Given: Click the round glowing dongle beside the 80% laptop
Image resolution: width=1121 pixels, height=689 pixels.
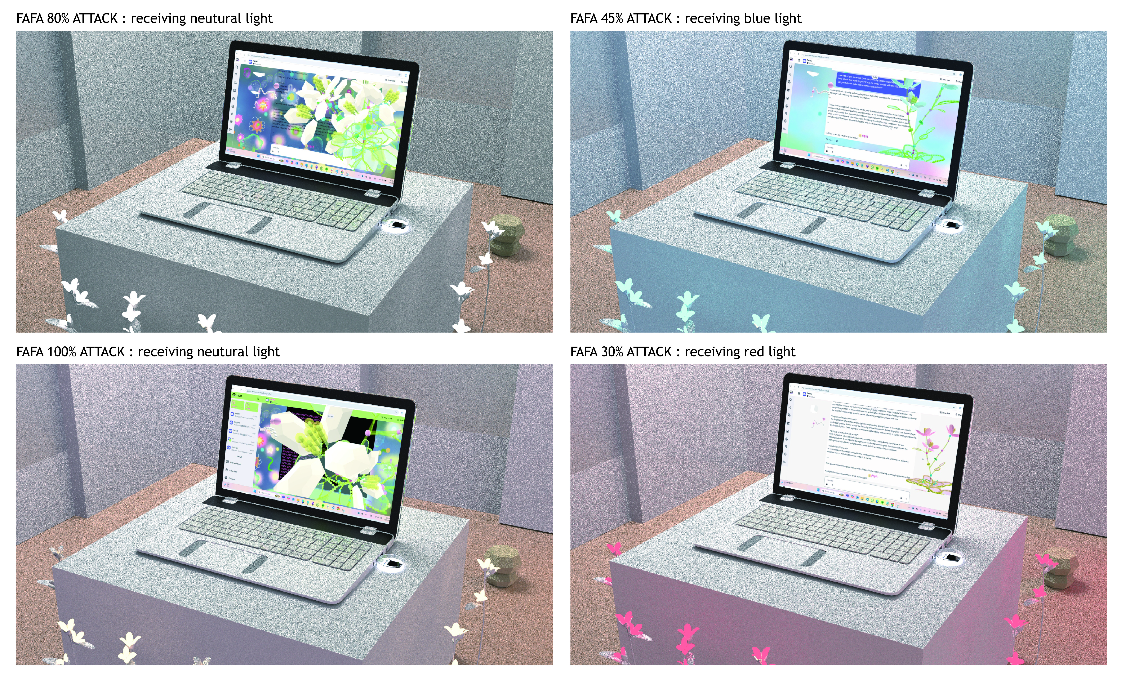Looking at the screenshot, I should (x=395, y=225).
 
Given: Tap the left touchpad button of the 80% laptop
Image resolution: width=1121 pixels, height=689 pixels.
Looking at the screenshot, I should (x=196, y=210).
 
